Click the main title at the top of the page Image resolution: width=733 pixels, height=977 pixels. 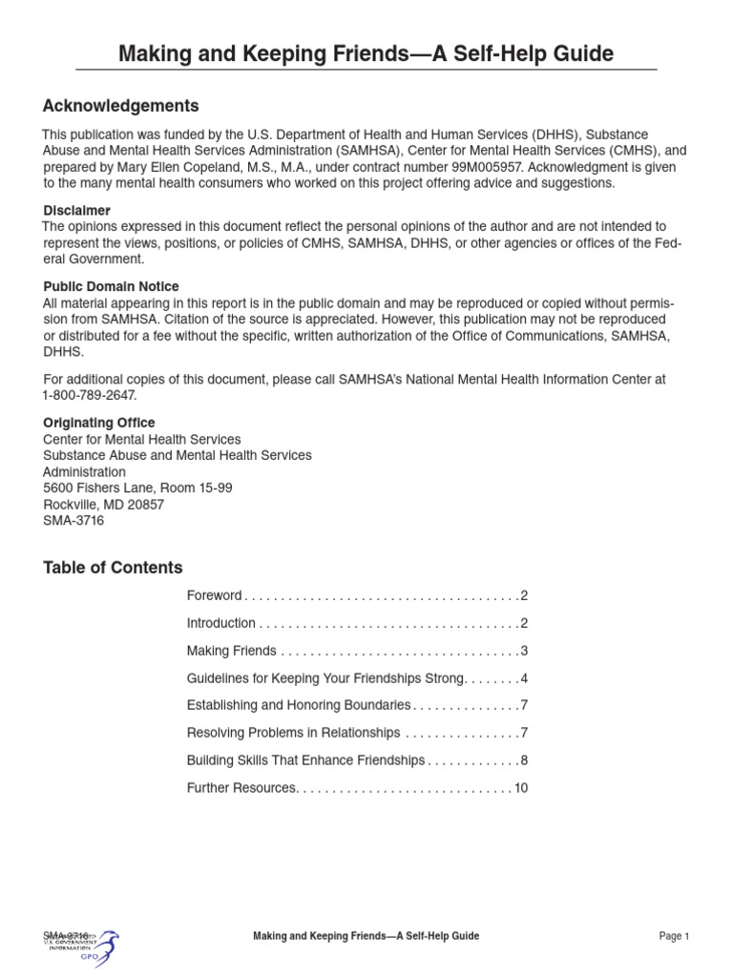(x=366, y=53)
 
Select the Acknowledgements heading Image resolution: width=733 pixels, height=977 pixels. (x=121, y=106)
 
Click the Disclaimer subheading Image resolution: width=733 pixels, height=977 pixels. (x=76, y=210)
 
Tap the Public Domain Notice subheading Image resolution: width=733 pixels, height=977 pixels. (x=111, y=286)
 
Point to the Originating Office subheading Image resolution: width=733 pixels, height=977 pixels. (x=99, y=423)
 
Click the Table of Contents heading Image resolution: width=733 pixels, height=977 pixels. (x=113, y=568)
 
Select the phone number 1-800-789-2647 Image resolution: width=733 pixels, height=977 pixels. (x=90, y=395)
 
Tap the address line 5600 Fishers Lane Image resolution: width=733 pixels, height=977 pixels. (x=137, y=488)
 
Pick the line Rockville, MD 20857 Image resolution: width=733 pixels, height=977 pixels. (x=103, y=505)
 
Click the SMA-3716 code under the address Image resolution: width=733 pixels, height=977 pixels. (x=73, y=521)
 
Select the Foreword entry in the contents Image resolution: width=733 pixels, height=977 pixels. (x=215, y=595)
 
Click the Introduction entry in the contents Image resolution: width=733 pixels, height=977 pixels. (x=221, y=623)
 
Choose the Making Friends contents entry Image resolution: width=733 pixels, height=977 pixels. (x=232, y=651)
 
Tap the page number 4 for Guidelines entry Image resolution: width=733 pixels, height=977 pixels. (x=524, y=678)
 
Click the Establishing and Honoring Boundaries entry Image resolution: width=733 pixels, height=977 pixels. (x=299, y=705)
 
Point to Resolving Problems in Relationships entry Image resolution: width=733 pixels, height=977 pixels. (x=294, y=733)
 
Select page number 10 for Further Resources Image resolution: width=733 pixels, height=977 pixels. (x=520, y=788)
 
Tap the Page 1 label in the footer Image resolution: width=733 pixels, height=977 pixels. (x=674, y=937)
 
